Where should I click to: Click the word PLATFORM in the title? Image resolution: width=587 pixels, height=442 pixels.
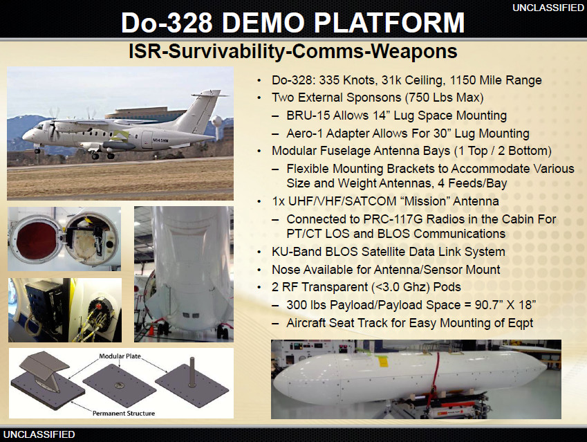coord(389,22)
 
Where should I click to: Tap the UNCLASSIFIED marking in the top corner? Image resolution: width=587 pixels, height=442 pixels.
coord(548,8)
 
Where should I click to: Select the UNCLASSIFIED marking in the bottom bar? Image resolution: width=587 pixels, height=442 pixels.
coord(39,434)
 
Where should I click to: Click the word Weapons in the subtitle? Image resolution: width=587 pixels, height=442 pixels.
coord(414,51)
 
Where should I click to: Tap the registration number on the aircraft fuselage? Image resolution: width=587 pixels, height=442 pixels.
coord(160,140)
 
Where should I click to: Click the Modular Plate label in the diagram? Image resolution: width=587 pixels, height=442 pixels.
coord(120,356)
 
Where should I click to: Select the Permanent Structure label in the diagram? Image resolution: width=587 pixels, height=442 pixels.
coord(124,413)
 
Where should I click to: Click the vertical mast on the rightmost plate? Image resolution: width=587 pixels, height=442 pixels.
coord(192,372)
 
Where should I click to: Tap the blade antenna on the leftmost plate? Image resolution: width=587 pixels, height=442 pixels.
coord(45,369)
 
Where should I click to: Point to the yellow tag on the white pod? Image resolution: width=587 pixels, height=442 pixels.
coord(382,362)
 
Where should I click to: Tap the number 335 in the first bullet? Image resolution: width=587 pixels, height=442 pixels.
coord(329,80)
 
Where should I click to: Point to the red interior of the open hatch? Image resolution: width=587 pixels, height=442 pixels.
coord(37,239)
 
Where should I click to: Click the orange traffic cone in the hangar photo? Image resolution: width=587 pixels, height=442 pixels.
coord(151,330)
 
